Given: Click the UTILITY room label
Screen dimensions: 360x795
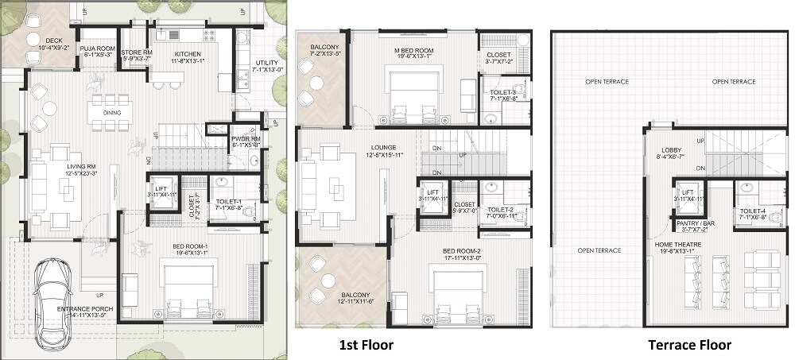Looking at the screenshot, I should tap(266, 66).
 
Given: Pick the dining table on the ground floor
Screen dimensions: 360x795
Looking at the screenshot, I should tap(111, 112).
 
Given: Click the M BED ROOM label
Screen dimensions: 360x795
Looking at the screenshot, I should tap(413, 52).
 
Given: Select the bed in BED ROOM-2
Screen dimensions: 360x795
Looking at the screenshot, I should tap(457, 290).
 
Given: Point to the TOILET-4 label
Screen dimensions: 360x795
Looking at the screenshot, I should tap(752, 212).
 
